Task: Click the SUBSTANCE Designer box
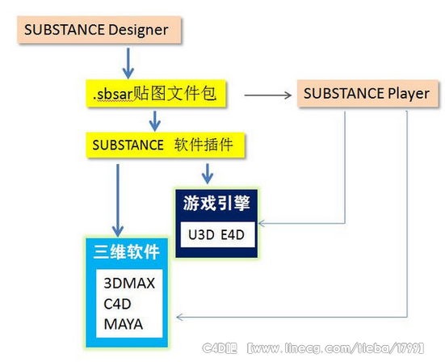(x=99, y=30)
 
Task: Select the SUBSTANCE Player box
(x=367, y=94)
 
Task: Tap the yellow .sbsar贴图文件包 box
(x=156, y=94)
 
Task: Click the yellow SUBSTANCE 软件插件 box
(x=166, y=145)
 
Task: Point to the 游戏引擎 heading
(x=216, y=203)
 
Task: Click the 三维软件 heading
(x=127, y=251)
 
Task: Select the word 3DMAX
(x=129, y=283)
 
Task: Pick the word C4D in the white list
(x=117, y=304)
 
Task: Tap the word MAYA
(x=124, y=324)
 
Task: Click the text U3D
(x=201, y=235)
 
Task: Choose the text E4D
(x=233, y=235)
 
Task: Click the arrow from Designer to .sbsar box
(x=128, y=63)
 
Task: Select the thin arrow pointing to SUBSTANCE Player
(x=268, y=95)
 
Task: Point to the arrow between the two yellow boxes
(x=155, y=121)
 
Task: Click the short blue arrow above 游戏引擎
(x=208, y=174)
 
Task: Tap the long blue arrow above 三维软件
(x=118, y=200)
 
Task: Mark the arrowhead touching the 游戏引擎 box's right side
(x=262, y=224)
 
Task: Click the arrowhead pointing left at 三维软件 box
(x=179, y=317)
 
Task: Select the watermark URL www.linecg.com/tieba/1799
(x=335, y=348)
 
